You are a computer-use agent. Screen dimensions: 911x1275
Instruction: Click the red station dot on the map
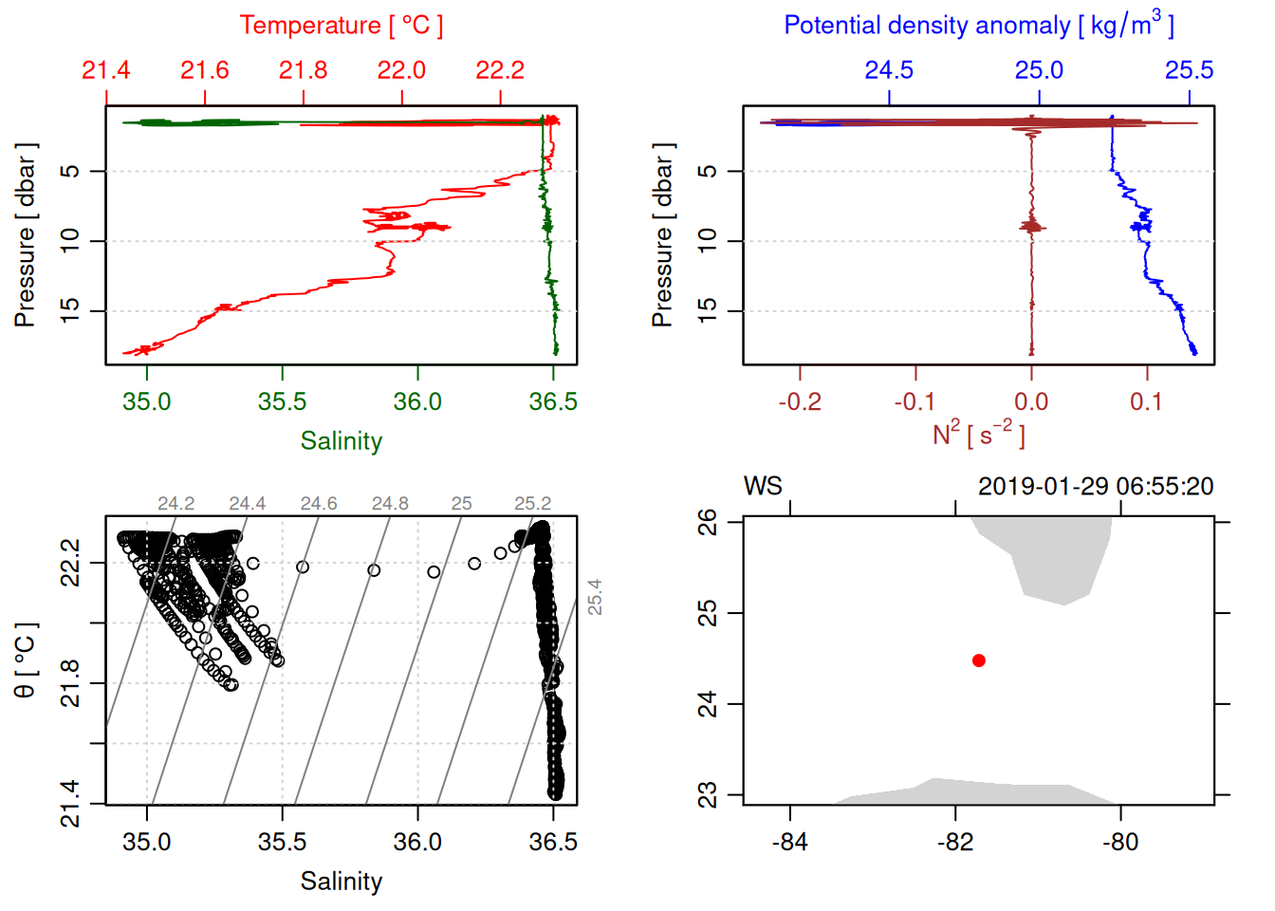click(x=979, y=660)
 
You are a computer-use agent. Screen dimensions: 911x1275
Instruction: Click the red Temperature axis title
click(x=341, y=26)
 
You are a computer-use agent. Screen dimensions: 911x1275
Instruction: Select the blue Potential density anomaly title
click(x=978, y=25)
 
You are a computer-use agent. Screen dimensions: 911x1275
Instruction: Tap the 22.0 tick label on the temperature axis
click(x=401, y=70)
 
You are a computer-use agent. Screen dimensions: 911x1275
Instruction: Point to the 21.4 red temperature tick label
click(x=106, y=70)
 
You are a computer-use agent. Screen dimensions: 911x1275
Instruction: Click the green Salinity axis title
click(x=341, y=440)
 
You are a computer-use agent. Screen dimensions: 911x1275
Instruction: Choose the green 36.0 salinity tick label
click(x=417, y=401)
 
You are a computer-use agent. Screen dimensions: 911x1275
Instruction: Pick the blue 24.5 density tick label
click(x=889, y=70)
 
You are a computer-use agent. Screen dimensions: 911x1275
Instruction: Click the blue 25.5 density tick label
click(x=1189, y=70)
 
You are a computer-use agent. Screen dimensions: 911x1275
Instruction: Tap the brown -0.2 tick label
click(x=800, y=401)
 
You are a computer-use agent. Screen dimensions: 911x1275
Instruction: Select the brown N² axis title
click(x=978, y=435)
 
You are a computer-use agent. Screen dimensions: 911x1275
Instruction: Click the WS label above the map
click(x=763, y=487)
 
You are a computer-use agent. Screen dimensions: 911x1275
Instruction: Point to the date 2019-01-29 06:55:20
click(x=1096, y=487)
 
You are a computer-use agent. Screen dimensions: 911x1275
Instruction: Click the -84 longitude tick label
click(x=790, y=842)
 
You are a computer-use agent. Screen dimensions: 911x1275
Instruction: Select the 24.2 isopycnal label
click(x=176, y=504)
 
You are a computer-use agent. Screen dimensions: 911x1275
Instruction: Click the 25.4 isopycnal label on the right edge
click(x=595, y=597)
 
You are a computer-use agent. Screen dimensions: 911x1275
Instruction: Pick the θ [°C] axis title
click(x=26, y=660)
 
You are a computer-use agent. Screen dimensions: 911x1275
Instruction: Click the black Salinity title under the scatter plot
click(x=341, y=882)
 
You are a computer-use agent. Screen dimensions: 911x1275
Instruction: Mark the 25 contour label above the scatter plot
click(x=461, y=504)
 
